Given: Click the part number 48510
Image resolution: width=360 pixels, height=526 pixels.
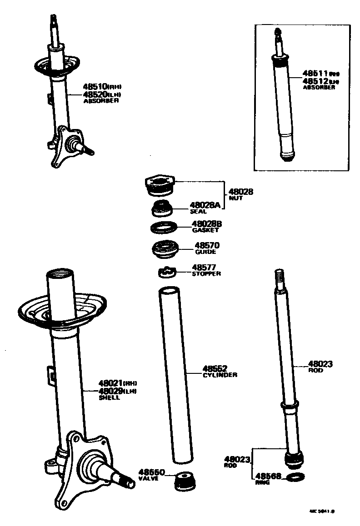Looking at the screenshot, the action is click(95, 86).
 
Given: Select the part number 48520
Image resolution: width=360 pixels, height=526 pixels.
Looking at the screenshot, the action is click(95, 94).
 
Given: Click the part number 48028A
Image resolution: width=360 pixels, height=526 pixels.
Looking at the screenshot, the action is click(205, 205).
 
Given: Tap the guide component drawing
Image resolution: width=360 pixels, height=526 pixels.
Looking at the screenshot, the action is click(164, 249).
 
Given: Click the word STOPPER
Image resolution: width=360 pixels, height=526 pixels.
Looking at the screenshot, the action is click(206, 274).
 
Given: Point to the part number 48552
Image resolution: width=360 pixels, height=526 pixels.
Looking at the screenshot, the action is click(215, 368).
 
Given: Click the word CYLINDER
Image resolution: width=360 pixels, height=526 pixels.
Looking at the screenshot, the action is click(220, 375).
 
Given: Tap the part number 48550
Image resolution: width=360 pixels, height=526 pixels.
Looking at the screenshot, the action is click(151, 472).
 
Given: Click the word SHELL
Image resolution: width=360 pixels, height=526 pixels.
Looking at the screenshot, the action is click(109, 397).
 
